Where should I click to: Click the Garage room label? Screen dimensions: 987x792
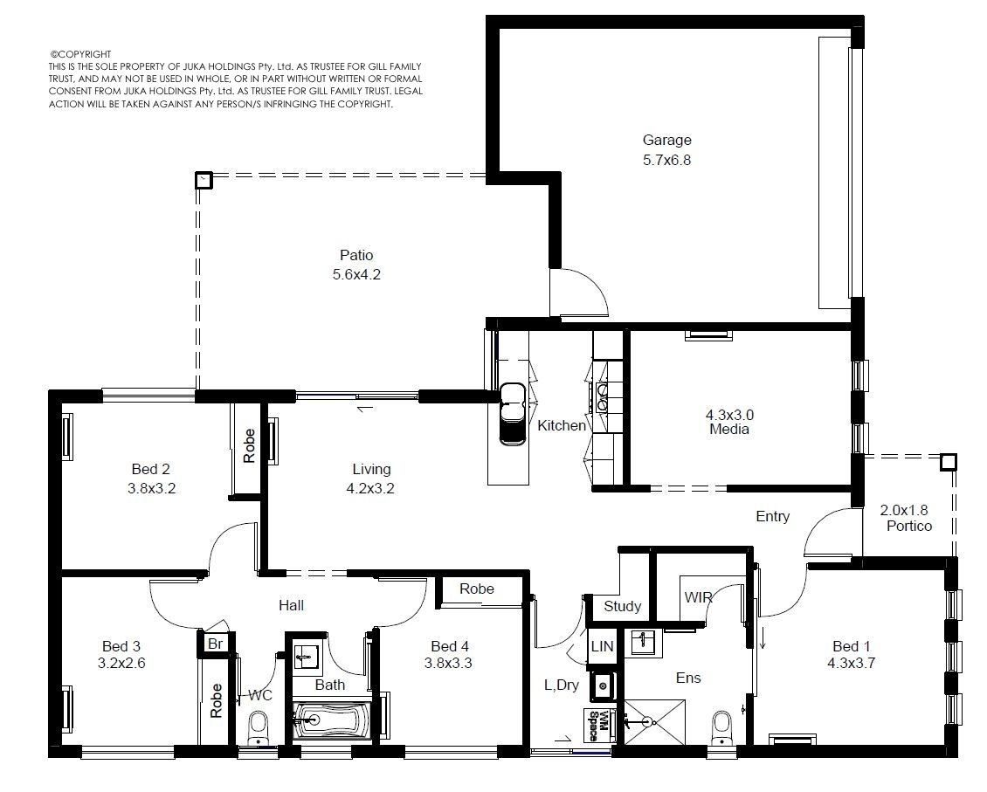point(666,141)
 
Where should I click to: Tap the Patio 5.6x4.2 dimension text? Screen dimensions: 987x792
point(356,275)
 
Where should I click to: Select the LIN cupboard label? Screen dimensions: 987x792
point(602,646)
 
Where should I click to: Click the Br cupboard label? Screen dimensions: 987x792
point(215,644)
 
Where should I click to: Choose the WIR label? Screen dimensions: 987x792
point(698,597)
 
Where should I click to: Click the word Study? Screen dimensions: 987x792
point(622,606)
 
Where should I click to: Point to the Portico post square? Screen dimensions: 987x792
point(948,463)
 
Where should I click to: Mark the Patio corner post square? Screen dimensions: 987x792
point(204,181)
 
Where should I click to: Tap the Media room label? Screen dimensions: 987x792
point(729,429)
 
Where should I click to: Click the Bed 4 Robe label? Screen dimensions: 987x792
point(477,589)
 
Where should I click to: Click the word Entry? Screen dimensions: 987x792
point(772,516)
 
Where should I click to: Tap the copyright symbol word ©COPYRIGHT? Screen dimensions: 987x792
point(80,54)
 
